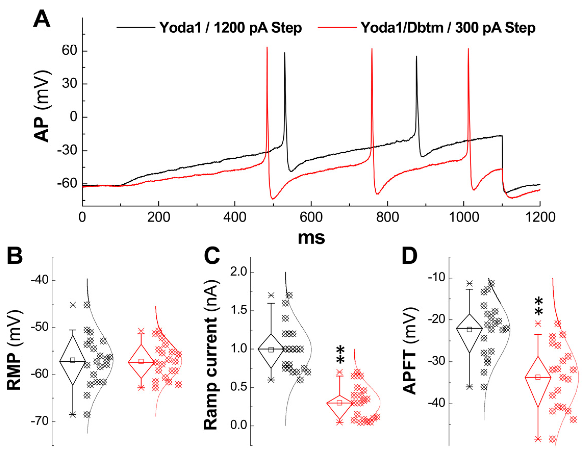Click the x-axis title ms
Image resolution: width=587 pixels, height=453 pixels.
311,238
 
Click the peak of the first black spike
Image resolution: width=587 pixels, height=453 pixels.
285,53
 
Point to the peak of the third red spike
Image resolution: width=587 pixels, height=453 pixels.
468,49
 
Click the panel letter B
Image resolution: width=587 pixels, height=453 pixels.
15,256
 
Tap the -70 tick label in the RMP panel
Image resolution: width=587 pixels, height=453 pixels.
40,421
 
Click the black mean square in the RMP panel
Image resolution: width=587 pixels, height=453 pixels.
73,360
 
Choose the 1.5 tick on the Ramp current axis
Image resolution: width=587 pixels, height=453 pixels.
238,310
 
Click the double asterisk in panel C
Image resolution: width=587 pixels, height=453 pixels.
340,355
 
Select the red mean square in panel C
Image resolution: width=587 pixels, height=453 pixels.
339,403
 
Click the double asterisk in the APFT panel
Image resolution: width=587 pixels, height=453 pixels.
539,307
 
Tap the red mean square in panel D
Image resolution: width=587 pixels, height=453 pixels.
538,377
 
